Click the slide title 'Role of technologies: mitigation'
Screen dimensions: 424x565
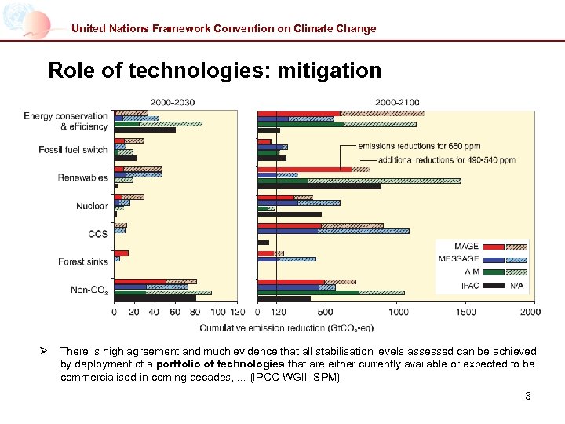[x=214, y=71]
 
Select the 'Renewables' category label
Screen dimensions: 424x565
[x=82, y=177]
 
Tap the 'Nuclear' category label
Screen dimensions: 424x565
[x=92, y=206]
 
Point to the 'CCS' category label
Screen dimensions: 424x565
[x=97, y=233]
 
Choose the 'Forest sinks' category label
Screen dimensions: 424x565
[x=82, y=261]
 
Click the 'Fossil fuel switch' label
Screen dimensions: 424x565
[x=73, y=149]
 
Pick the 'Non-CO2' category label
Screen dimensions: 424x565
[x=89, y=291]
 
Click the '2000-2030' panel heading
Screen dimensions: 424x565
[x=173, y=102]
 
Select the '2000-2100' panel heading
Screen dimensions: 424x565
[x=397, y=102]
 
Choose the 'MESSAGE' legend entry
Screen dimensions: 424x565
[x=459, y=259]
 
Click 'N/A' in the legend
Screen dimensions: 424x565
[x=516, y=285]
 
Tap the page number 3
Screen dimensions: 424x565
[x=528, y=396]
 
